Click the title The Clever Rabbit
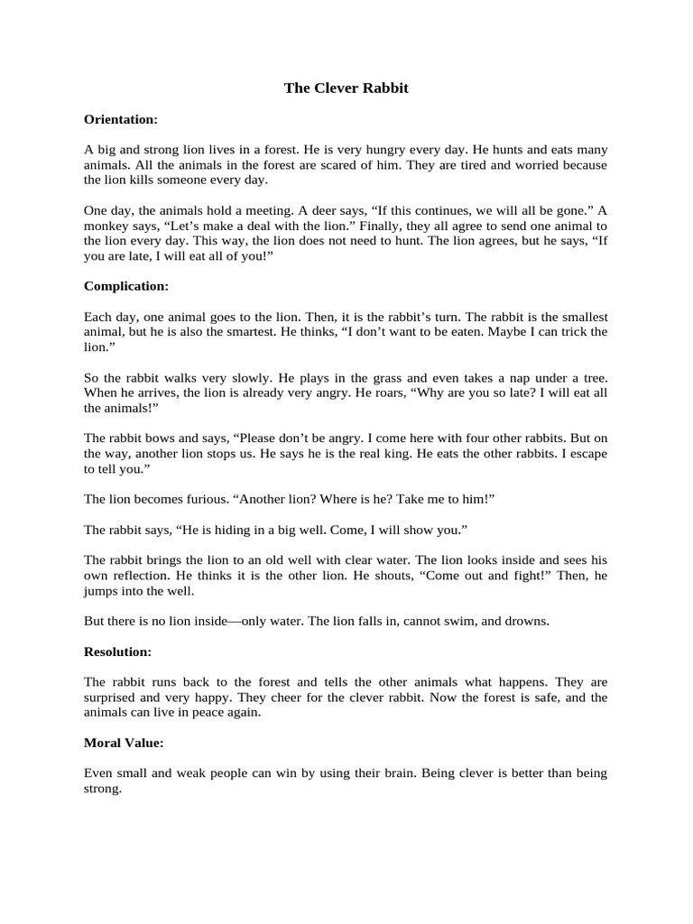(x=346, y=88)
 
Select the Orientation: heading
(x=121, y=118)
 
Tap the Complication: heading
(x=126, y=286)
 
